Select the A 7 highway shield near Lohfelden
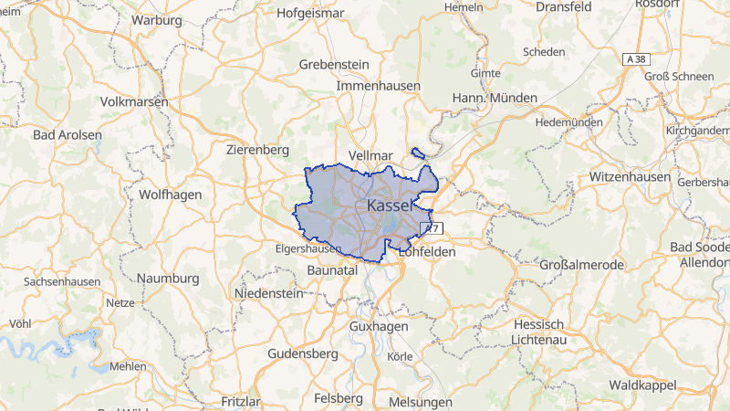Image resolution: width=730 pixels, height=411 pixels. click(x=431, y=228)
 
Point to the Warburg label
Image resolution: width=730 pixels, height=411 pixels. click(x=156, y=19)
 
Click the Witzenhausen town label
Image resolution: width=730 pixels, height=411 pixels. click(x=630, y=175)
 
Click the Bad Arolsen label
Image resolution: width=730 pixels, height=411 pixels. click(x=67, y=134)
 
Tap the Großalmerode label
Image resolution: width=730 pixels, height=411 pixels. click(x=581, y=265)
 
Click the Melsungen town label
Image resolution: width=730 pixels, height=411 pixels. click(x=420, y=402)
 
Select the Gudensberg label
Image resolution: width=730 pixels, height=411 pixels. click(x=304, y=353)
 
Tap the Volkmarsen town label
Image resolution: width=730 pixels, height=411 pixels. click(x=136, y=101)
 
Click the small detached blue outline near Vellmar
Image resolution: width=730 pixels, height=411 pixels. click(x=419, y=153)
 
